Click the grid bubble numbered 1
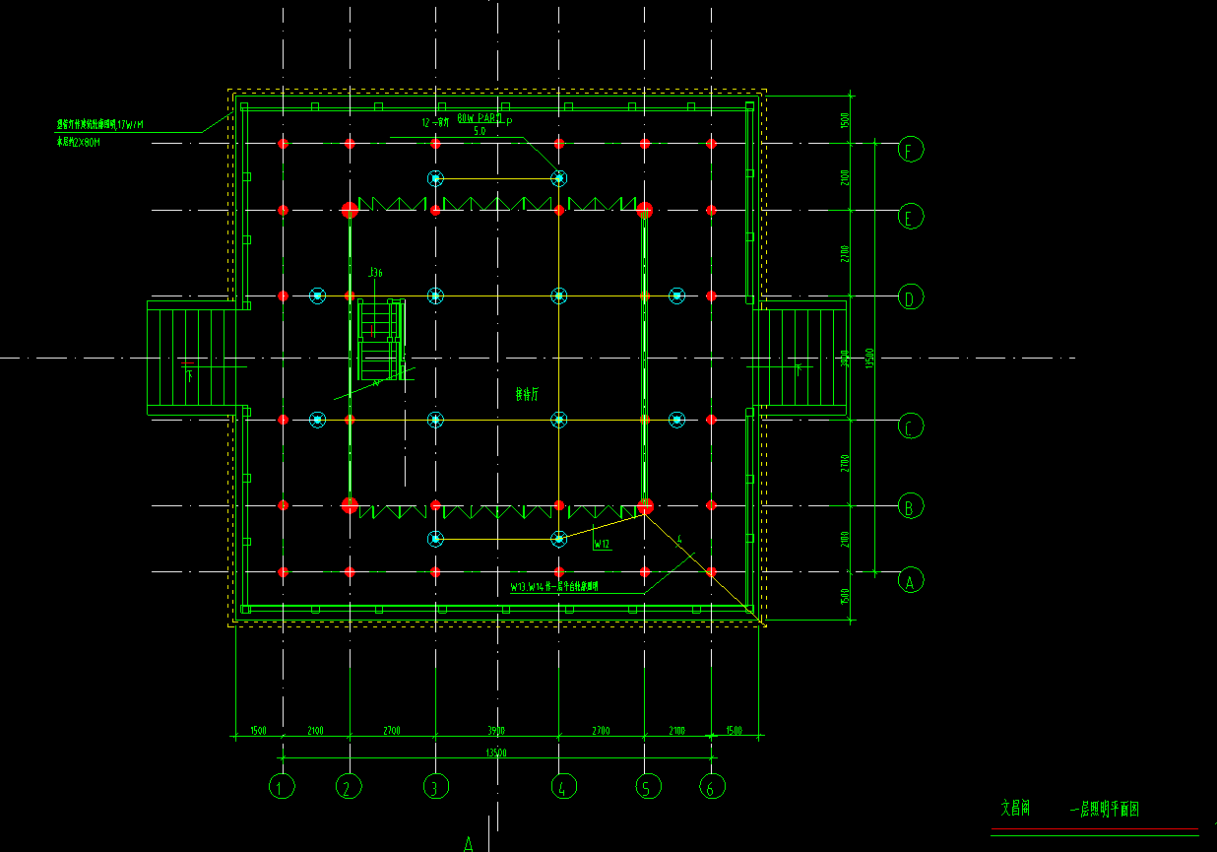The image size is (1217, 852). pyautogui.click(x=282, y=786)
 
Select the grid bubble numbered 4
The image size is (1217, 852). pyautogui.click(x=560, y=786)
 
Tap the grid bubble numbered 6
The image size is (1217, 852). pyautogui.click(x=712, y=786)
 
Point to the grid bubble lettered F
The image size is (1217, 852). pyautogui.click(x=911, y=151)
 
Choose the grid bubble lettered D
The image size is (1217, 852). pyautogui.click(x=911, y=296)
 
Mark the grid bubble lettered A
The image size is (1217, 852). pyautogui.click(x=911, y=581)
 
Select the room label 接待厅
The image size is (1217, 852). pyautogui.click(x=529, y=395)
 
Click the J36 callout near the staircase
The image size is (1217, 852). pyautogui.click(x=375, y=272)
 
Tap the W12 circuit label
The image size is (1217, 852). pyautogui.click(x=602, y=543)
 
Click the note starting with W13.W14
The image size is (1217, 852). pyautogui.click(x=554, y=587)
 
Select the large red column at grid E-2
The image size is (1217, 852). pyautogui.click(x=350, y=210)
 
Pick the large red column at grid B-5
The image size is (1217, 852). pyautogui.click(x=645, y=506)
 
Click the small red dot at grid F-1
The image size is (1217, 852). pyautogui.click(x=283, y=144)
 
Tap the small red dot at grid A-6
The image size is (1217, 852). pyautogui.click(x=711, y=571)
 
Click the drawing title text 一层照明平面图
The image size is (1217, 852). pyautogui.click(x=1104, y=810)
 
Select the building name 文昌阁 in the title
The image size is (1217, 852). pyautogui.click(x=1015, y=809)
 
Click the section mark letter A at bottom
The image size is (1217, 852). pyautogui.click(x=470, y=843)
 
